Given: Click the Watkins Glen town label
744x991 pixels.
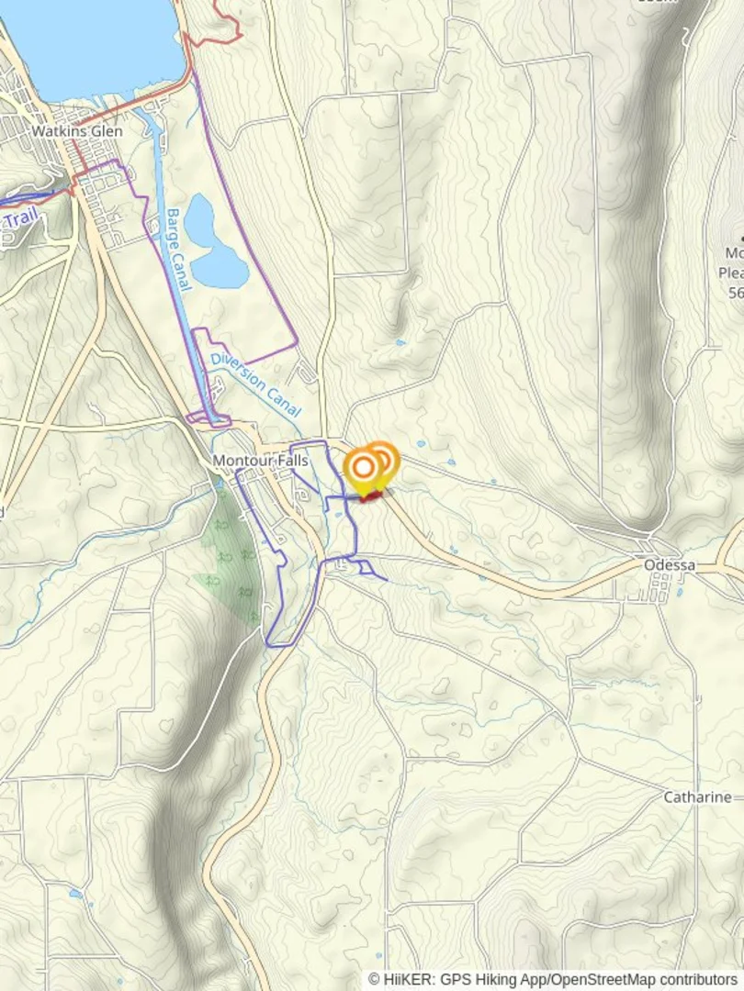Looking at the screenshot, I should (76, 131).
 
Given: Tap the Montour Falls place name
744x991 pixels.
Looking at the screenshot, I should (260, 461).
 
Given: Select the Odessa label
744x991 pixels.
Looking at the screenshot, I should (669, 565).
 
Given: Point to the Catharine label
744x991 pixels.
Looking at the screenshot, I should (697, 797).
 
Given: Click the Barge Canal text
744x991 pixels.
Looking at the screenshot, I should (178, 250).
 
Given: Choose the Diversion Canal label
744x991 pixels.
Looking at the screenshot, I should (255, 384).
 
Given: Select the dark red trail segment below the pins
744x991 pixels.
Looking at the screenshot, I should (372, 496).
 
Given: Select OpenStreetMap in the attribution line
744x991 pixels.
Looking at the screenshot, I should (597, 980).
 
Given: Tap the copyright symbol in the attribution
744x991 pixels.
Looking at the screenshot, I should (374, 980).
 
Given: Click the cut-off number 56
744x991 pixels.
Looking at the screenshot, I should (735, 294).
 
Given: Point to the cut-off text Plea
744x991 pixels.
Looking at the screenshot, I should (731, 273).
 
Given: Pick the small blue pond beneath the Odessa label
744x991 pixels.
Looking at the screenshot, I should (680, 592).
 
